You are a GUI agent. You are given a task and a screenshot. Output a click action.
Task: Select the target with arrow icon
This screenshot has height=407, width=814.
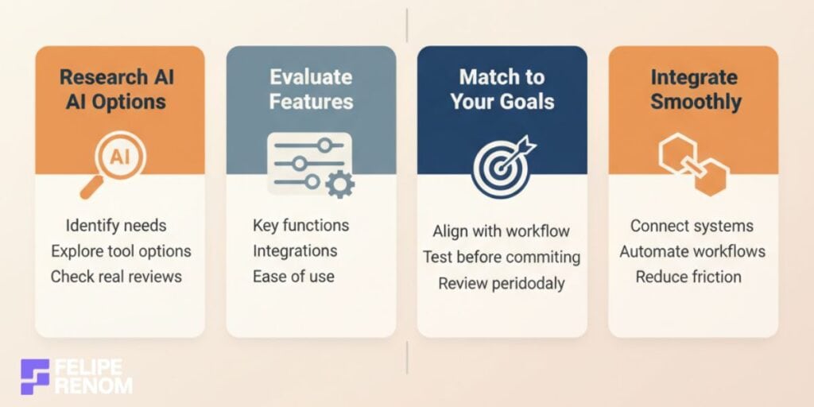click(502, 166)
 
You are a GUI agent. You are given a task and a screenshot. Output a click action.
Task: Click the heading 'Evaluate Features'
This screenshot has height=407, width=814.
click(311, 89)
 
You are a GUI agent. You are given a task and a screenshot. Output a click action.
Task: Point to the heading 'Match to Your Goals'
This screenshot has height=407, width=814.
click(502, 89)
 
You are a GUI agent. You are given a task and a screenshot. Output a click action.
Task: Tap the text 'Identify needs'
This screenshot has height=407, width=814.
click(118, 225)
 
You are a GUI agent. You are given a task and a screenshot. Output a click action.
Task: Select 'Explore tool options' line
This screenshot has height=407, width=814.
click(121, 250)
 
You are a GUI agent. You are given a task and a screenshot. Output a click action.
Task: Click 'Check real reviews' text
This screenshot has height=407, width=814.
click(116, 276)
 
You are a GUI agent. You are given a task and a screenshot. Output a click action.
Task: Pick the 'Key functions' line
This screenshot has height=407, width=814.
click(300, 225)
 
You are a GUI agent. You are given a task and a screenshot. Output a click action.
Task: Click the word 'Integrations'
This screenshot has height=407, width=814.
click(295, 250)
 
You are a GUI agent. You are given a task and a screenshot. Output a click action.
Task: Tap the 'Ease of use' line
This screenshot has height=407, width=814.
click(293, 276)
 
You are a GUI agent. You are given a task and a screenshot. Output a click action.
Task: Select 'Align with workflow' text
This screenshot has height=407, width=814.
click(501, 231)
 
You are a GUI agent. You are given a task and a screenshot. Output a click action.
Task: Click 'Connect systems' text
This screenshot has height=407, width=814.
click(692, 225)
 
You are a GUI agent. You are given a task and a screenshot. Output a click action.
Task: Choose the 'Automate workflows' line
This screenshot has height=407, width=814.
click(692, 250)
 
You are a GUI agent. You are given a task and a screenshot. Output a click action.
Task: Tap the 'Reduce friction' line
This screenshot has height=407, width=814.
click(688, 276)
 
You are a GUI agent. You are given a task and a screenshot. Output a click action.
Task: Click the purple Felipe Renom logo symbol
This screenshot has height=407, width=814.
click(35, 376)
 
